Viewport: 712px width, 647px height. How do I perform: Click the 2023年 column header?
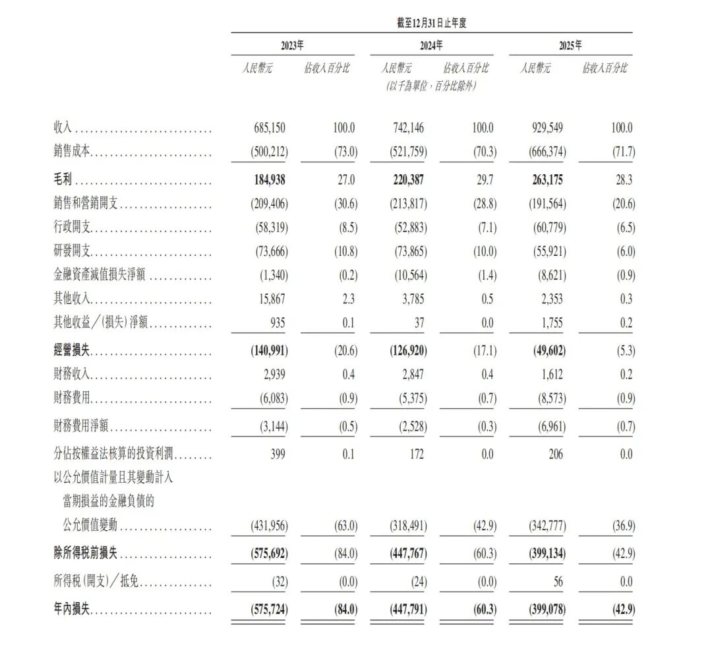292,46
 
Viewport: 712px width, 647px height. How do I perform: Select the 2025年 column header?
570,46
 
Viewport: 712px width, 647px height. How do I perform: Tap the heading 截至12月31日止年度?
431,23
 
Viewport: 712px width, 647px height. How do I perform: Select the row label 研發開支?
72,251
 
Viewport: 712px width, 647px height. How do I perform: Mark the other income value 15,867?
272,299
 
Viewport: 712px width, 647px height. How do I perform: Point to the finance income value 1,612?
552,375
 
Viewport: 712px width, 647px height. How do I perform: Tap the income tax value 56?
558,582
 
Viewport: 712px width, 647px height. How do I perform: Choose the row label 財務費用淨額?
81,428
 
